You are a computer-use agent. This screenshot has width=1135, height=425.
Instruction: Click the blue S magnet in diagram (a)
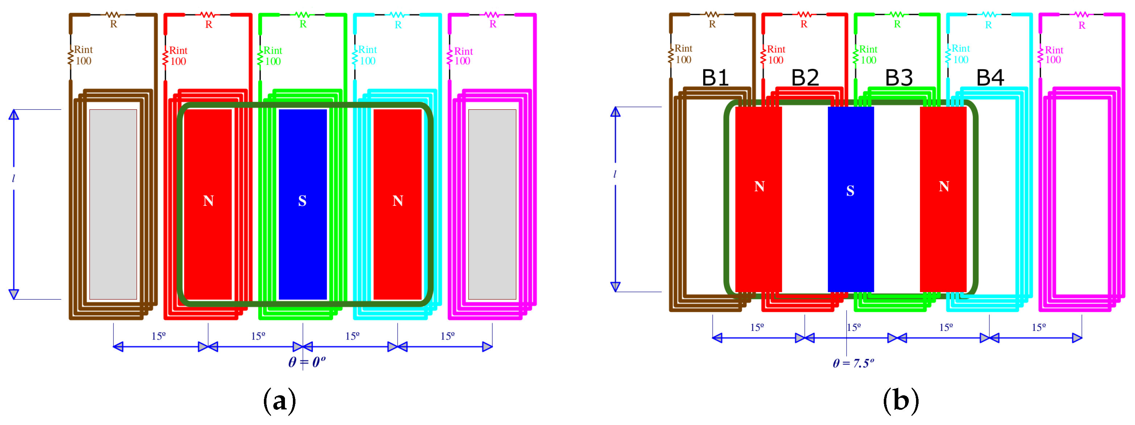[302, 204]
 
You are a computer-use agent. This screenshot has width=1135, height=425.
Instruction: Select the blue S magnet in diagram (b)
[850, 198]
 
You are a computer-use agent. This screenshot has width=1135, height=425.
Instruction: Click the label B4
[990, 78]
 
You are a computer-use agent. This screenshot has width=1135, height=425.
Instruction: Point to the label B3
[899, 78]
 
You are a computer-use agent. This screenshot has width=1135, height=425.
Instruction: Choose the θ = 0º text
[307, 362]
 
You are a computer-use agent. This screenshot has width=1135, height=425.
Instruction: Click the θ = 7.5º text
[853, 363]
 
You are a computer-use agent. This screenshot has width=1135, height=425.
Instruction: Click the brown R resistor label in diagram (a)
[114, 25]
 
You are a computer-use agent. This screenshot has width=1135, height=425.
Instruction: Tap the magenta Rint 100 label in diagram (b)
[1053, 55]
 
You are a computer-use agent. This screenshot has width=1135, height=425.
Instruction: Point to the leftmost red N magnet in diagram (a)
[208, 204]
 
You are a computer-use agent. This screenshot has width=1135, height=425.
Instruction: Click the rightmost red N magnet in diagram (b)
[943, 198]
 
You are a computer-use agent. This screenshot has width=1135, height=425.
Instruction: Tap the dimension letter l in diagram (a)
[14, 178]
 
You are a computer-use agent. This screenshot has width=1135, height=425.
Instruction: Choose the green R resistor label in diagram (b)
[897, 25]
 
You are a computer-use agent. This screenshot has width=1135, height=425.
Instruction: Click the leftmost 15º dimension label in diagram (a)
[159, 336]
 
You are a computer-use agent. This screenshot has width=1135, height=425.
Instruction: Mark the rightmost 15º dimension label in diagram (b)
[1039, 327]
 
